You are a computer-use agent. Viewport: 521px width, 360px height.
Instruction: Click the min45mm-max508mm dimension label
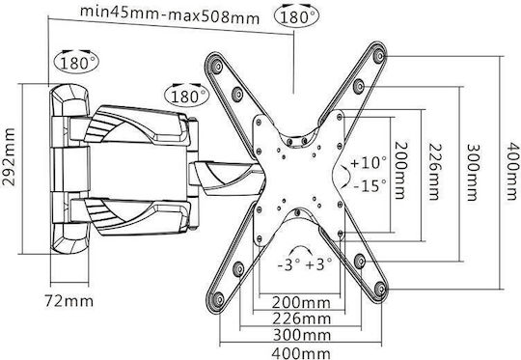(170, 14)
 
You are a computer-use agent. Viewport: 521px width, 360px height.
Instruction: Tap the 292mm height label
(9, 156)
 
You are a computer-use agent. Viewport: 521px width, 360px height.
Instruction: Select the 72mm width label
(69, 301)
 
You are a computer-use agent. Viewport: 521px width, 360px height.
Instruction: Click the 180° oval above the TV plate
(297, 15)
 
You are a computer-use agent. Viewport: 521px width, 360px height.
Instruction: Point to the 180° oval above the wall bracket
(76, 62)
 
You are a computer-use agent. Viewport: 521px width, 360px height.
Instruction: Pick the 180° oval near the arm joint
(187, 96)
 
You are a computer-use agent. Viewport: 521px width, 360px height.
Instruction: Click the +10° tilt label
(369, 162)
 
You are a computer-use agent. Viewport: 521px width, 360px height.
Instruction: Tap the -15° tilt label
(370, 185)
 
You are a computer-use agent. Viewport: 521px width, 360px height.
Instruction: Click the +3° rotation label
(318, 264)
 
